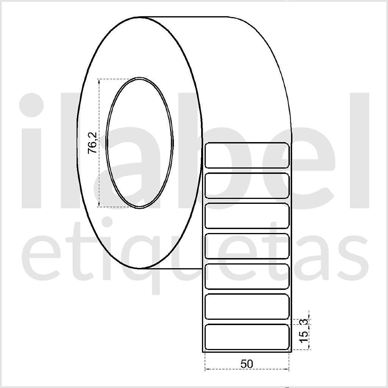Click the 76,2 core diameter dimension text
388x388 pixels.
point(92,143)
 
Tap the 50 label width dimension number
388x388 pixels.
point(247,364)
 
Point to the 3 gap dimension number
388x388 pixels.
point(304,322)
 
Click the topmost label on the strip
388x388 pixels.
point(247,155)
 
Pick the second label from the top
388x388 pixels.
point(247,186)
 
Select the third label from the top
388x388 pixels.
point(247,216)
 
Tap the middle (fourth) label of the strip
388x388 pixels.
point(247,246)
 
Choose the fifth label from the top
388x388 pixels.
point(247,276)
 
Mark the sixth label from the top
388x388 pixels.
point(247,307)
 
